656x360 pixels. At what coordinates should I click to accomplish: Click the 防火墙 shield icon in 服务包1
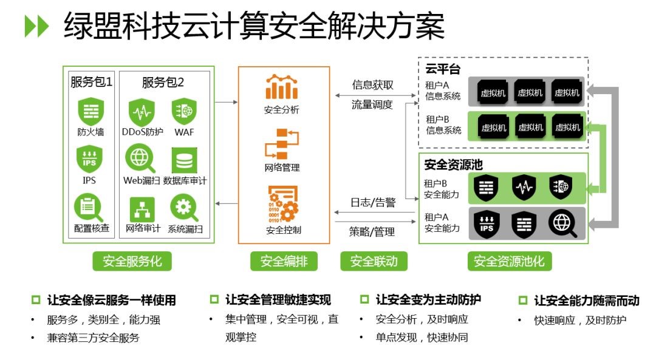click(91, 111)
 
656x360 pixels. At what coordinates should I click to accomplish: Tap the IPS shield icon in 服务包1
click(89, 159)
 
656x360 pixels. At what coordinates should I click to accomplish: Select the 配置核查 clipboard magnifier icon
click(88, 208)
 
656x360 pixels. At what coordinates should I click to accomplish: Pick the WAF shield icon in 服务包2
click(184, 111)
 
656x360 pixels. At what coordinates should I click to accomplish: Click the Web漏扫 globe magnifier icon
click(140, 158)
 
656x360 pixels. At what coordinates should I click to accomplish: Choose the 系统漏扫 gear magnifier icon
click(184, 208)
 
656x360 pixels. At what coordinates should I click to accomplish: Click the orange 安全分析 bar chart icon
click(282, 87)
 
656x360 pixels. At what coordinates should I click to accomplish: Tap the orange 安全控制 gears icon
click(283, 203)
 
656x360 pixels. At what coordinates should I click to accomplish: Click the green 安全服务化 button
click(132, 261)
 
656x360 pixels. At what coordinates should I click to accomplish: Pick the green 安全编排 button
click(284, 261)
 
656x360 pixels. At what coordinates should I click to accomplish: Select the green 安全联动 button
click(374, 261)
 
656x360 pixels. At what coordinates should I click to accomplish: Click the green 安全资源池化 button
click(510, 261)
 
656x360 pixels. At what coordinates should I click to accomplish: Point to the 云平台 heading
click(443, 69)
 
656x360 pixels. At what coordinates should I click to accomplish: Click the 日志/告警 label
click(373, 203)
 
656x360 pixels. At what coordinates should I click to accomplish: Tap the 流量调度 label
click(372, 104)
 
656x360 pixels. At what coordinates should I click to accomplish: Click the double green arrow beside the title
click(37, 26)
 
